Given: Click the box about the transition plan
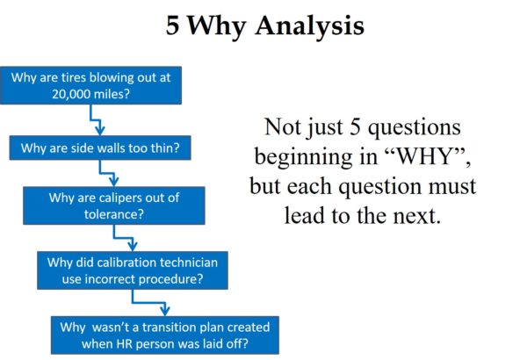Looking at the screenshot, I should pyautogui.click(x=165, y=334).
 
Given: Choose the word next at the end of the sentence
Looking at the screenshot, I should pyautogui.click(x=413, y=215).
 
